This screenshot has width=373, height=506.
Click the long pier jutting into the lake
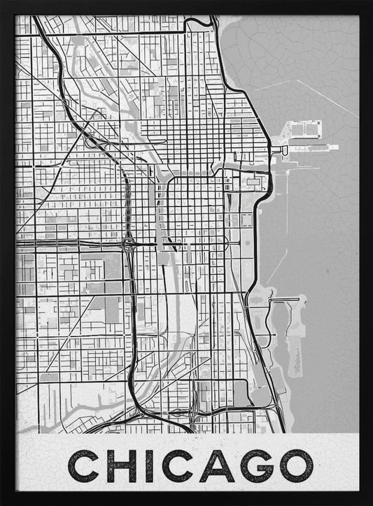click(311, 147)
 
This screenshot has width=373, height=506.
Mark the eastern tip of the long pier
click(337, 147)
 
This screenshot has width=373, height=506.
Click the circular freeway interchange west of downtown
click(129, 244)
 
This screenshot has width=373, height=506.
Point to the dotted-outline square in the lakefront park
click(246, 221)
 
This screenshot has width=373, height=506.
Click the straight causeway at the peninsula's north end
click(286, 300)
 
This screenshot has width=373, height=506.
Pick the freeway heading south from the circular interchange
click(131, 315)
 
